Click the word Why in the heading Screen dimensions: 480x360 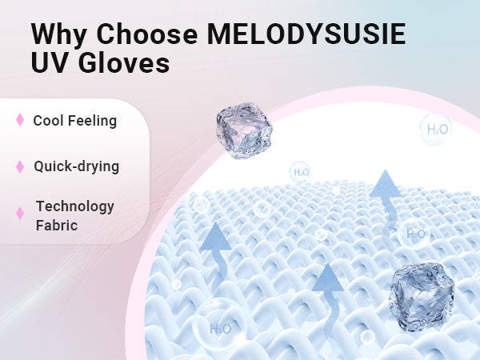tap(58, 34)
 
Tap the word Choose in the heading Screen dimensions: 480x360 tap(147, 34)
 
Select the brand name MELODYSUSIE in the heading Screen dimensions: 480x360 tap(306, 34)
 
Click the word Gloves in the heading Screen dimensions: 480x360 tap(124, 62)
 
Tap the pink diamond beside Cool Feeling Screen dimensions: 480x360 tap(20, 120)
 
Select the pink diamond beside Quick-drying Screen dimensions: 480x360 tap(20, 166)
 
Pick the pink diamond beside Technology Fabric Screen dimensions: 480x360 tap(20, 213)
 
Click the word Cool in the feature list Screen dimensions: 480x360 tap(47, 121)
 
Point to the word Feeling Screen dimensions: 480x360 tap(92, 122)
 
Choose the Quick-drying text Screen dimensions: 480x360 tap(77, 167)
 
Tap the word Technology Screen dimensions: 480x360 tap(75, 207)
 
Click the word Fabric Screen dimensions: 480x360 tap(57, 226)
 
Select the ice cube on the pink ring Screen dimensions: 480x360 tap(244, 130)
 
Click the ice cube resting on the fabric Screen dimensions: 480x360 tap(422, 297)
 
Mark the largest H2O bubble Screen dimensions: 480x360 tap(220, 325)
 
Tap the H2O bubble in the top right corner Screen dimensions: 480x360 tap(436, 129)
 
